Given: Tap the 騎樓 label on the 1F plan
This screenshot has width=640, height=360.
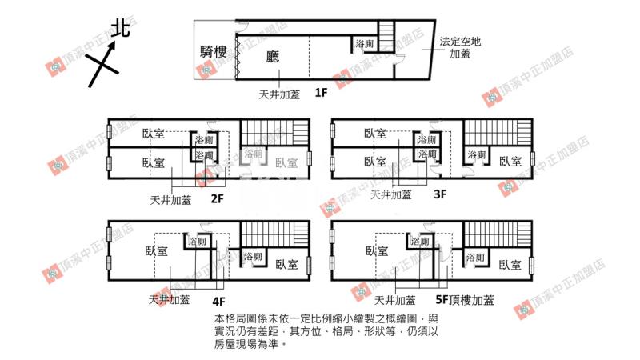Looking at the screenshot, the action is (x=214, y=54).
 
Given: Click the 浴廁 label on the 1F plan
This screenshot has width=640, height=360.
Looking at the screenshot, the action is (x=365, y=44).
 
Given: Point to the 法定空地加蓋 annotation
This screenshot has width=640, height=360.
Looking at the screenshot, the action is (x=460, y=48).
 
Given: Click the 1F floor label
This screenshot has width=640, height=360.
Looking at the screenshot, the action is (x=321, y=93).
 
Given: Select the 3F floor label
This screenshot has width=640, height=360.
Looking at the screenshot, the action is (x=440, y=194).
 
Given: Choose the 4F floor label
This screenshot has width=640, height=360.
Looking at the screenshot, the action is (x=218, y=302).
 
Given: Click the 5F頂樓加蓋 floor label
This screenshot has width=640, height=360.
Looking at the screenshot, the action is (x=465, y=301).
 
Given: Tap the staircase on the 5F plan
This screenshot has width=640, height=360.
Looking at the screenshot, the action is (x=496, y=235).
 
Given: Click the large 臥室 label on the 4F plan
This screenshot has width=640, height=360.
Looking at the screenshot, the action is (x=157, y=250).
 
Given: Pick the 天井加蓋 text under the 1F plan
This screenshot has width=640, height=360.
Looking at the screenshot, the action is (x=279, y=94).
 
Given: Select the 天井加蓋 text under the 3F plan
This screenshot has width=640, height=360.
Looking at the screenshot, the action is (x=391, y=194).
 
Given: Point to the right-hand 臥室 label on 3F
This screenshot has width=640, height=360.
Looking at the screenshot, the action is (x=510, y=161).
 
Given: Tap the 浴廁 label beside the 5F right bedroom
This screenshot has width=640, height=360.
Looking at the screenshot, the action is (x=475, y=258).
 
